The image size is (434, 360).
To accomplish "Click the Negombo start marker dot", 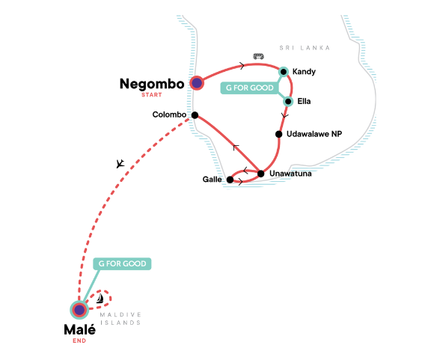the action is click(x=197, y=83).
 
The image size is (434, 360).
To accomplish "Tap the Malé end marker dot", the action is click(x=79, y=310).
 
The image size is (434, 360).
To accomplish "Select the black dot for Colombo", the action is click(x=195, y=115).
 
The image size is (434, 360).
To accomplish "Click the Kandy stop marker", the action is click(x=284, y=72).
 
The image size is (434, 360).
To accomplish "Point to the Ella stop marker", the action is click(x=288, y=101).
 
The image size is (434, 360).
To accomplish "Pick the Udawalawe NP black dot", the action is click(x=278, y=134).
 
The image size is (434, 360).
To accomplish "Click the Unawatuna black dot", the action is click(x=260, y=174).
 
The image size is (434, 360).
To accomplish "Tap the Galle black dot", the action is click(x=230, y=180).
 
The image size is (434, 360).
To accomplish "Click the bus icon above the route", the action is click(x=258, y=56).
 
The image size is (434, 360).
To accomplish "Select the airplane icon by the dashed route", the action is click(x=120, y=163).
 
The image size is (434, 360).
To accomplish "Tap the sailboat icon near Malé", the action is click(x=100, y=298).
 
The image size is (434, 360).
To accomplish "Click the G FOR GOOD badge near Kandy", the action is click(x=249, y=88).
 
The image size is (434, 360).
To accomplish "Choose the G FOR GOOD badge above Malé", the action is click(x=122, y=263).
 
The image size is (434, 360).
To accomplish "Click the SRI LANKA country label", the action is click(x=305, y=48).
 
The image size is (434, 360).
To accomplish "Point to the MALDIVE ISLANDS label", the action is click(x=120, y=319).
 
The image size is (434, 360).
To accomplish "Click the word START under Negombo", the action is click(x=152, y=95).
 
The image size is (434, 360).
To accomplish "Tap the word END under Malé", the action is click(x=79, y=341).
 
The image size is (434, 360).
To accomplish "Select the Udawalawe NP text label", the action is click(x=314, y=134).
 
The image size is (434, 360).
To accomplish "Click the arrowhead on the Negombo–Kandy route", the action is click(x=242, y=66).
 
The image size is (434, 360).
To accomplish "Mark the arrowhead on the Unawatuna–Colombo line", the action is click(x=235, y=147).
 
